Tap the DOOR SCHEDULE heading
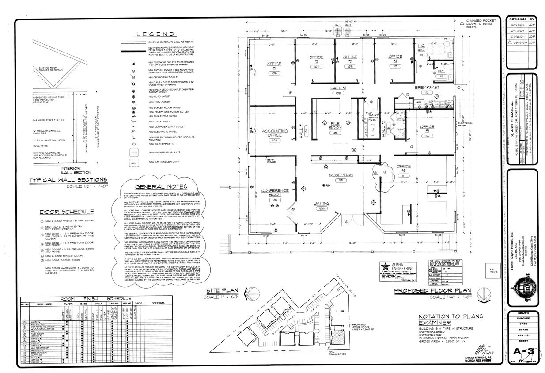tap(67, 212)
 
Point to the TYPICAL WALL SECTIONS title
tap(68, 180)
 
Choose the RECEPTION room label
tap(341, 175)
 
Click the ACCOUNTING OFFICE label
tap(275, 133)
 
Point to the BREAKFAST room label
tap(427, 88)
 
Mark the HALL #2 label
tap(338, 88)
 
